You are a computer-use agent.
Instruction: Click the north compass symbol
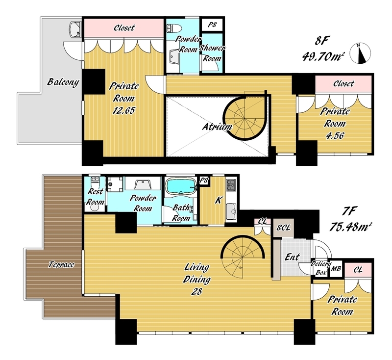[360, 53]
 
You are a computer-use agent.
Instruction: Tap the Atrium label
[217, 127]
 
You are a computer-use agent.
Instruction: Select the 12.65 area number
[123, 110]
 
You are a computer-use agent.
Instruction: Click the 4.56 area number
[335, 136]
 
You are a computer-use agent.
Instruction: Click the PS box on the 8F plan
[212, 25]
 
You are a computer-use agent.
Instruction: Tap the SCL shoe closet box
[283, 228]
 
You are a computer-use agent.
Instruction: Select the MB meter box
[336, 269]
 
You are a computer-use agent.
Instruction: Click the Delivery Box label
[320, 268]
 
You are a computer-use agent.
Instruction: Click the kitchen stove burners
[231, 185]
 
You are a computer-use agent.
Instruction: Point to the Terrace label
[61, 264]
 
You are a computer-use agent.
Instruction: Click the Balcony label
[63, 82]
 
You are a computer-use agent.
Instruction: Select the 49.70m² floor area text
[322, 57]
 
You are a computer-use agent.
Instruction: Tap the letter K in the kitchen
[219, 200]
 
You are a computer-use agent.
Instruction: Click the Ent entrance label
[292, 257]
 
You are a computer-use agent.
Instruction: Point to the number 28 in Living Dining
[196, 291]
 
